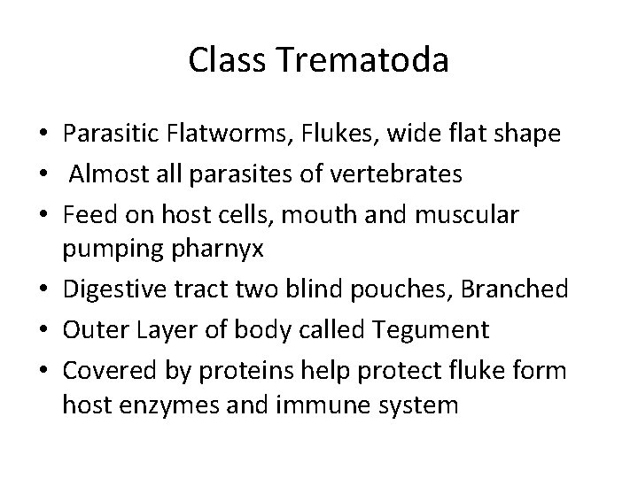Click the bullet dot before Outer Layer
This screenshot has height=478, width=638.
pyautogui.click(x=43, y=331)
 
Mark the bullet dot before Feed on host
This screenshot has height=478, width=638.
pyautogui.click(x=43, y=214)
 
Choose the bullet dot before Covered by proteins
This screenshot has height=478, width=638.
pyautogui.click(x=43, y=370)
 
